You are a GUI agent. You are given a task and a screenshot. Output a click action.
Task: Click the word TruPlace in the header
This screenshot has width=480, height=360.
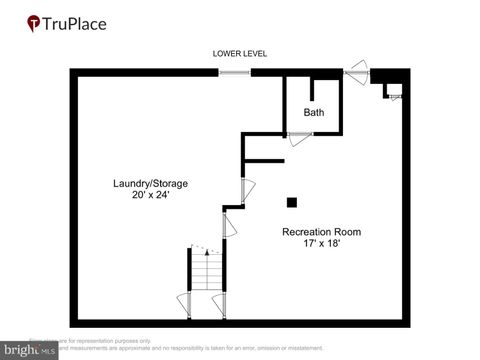[x=76, y=23]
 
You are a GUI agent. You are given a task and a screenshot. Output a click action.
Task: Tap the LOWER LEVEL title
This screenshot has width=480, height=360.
[x=240, y=53]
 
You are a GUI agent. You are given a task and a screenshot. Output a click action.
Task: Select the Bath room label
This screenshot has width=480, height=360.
[x=314, y=112]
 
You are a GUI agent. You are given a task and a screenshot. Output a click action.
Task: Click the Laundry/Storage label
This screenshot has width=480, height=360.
[x=150, y=183]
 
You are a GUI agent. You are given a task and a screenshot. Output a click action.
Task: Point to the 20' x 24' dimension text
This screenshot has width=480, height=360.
[x=150, y=195]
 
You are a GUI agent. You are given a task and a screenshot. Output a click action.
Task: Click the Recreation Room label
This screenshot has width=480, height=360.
[x=321, y=232]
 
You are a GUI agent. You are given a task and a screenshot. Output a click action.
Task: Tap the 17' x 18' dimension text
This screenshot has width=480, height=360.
[x=321, y=244]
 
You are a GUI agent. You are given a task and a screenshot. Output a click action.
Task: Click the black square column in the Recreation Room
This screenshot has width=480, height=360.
[x=292, y=202]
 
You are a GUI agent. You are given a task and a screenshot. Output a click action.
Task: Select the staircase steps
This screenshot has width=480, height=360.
[x=206, y=270]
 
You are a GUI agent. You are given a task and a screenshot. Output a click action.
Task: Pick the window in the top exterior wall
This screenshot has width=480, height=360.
[x=235, y=72]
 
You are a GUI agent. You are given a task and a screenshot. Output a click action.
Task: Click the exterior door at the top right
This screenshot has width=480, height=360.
[x=357, y=73]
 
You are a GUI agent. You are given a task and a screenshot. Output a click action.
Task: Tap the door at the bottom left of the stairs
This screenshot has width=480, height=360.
[x=182, y=301]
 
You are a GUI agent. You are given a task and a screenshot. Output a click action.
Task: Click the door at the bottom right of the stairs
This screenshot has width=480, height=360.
[x=221, y=301]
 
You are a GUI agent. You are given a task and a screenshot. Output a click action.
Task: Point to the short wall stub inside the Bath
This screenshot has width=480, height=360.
[x=314, y=87]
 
